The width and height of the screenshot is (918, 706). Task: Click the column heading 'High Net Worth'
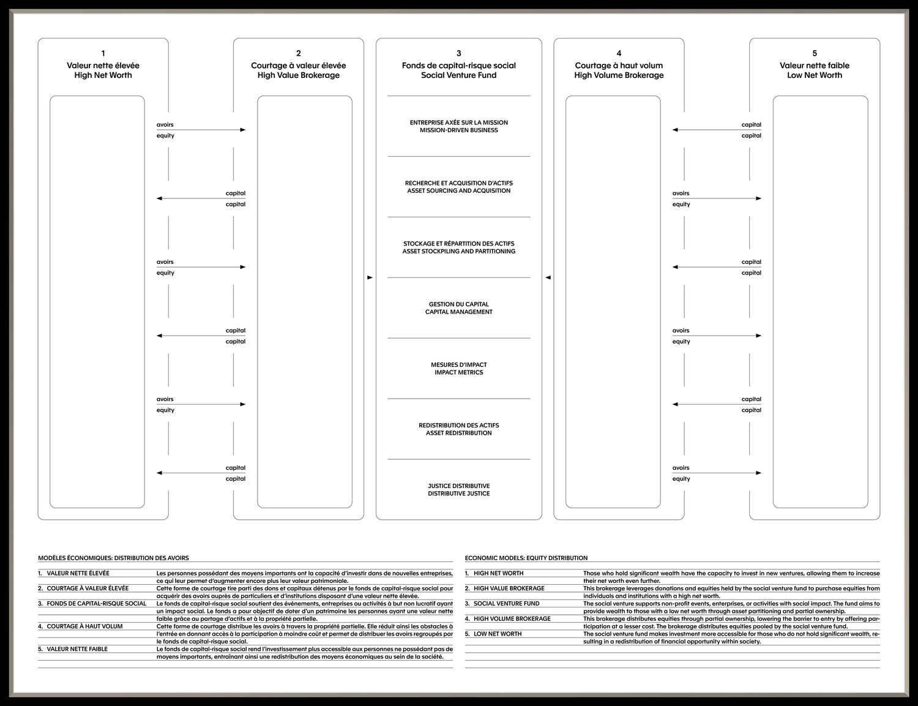point(103,75)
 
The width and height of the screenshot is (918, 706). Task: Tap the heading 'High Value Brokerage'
point(298,75)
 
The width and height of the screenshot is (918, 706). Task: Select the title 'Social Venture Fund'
point(458,75)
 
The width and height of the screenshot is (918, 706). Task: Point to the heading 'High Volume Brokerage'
point(619,75)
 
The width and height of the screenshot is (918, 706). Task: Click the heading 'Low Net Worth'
point(814,75)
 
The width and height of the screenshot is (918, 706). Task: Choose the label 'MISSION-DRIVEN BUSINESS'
point(458,130)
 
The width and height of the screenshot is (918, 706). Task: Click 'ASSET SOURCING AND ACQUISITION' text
point(458,191)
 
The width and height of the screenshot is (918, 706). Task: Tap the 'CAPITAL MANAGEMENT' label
point(458,312)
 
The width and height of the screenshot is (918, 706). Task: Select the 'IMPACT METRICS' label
point(458,373)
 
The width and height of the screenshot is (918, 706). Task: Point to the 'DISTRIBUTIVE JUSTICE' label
point(458,494)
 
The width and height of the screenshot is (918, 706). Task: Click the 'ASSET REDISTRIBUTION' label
point(458,434)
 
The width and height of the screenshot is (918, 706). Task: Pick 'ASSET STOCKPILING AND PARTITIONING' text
point(458,252)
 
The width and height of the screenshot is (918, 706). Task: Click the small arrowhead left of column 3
point(370,278)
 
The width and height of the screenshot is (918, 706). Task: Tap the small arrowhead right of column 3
point(548,278)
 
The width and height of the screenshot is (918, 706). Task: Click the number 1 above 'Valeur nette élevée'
point(103,53)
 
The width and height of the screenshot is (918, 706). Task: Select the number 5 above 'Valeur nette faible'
point(814,53)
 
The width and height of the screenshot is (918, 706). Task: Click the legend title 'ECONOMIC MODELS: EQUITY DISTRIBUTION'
point(526,558)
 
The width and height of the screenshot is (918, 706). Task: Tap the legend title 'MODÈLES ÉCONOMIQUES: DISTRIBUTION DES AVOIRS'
point(113,558)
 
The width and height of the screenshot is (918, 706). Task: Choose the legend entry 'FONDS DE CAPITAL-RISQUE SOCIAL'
point(96,604)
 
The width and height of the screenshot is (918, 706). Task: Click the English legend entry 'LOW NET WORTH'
point(498,634)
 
